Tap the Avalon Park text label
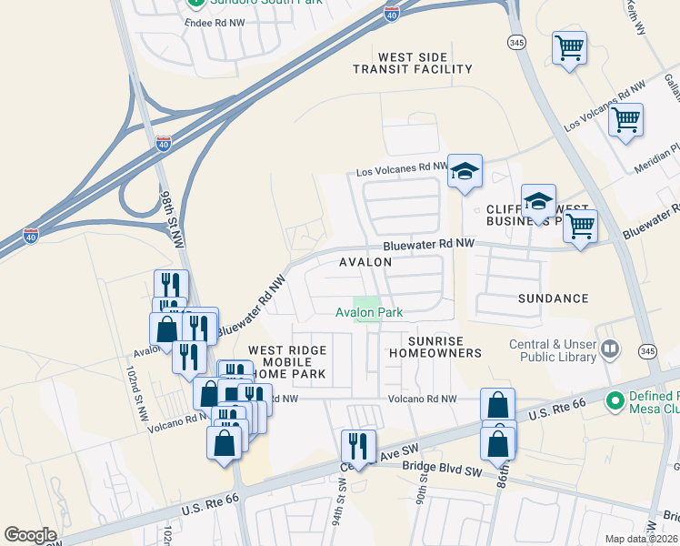tap(369, 312)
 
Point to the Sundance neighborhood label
tap(553, 298)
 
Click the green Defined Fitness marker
tap(615, 399)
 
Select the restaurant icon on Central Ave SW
tap(357, 446)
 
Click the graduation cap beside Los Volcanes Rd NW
tap(465, 171)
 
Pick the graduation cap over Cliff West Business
tap(538, 202)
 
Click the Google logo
tap(30, 535)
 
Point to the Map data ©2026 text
tap(641, 539)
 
